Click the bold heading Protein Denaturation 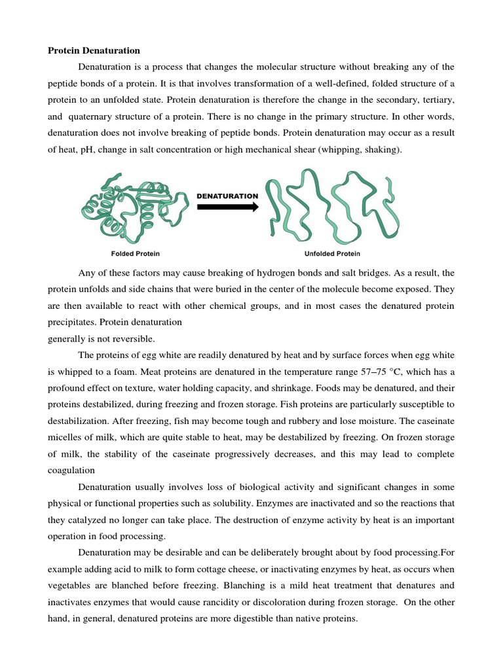point(94,50)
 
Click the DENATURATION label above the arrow point(227,196)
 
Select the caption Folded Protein point(135,253)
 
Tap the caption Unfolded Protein point(332,253)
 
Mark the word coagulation point(71,470)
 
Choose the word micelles point(65,438)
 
